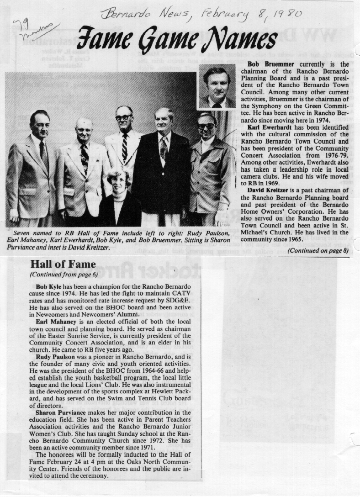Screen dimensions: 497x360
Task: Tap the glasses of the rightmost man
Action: click(x=206, y=126)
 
